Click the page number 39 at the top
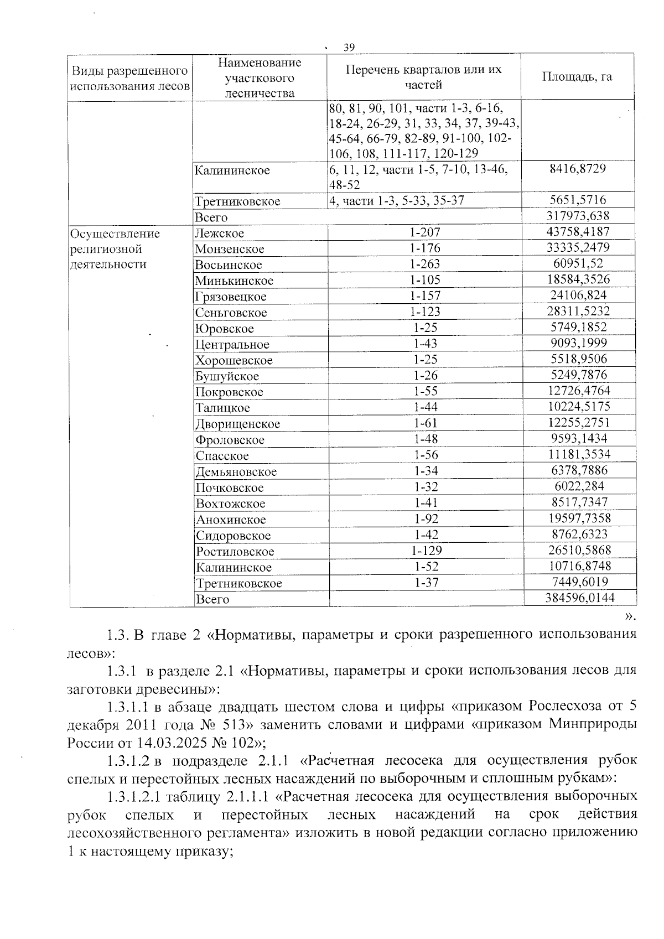[x=349, y=47]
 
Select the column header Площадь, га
[x=577, y=76]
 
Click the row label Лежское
[x=219, y=234]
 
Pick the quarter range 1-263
[x=425, y=264]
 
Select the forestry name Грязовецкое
[x=231, y=297]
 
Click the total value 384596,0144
[x=580, y=597]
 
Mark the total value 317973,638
[x=578, y=216]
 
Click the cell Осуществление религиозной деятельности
[x=115, y=249]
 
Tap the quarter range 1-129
[x=426, y=551]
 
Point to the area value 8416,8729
[x=578, y=168]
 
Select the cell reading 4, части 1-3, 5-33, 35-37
[x=396, y=201]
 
